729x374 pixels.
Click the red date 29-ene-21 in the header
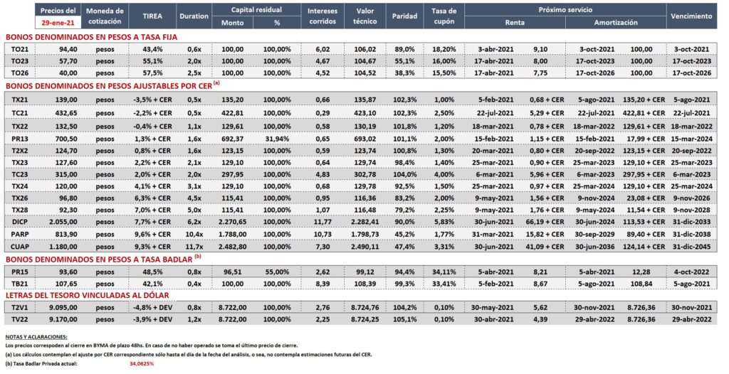click(58, 22)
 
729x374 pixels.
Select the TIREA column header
click(152, 16)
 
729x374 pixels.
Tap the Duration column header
click(194, 16)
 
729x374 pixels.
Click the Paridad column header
click(404, 16)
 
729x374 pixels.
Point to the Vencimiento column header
click(691, 16)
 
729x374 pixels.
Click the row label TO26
click(20, 73)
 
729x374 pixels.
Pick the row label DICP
click(20, 222)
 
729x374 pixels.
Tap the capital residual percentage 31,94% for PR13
click(277, 139)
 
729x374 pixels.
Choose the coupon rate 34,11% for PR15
click(444, 272)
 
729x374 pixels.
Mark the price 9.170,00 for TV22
click(63, 319)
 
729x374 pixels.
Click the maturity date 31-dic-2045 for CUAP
click(691, 247)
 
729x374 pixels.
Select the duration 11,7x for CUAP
click(194, 247)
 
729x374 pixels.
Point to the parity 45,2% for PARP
click(404, 234)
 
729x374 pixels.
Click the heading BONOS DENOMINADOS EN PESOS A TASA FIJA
click(92, 37)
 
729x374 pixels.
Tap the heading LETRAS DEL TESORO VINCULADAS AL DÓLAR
click(88, 296)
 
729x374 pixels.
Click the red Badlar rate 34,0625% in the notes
click(142, 364)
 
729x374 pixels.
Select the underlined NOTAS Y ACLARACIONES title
click(36, 336)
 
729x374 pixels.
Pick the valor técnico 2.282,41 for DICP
click(365, 222)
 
